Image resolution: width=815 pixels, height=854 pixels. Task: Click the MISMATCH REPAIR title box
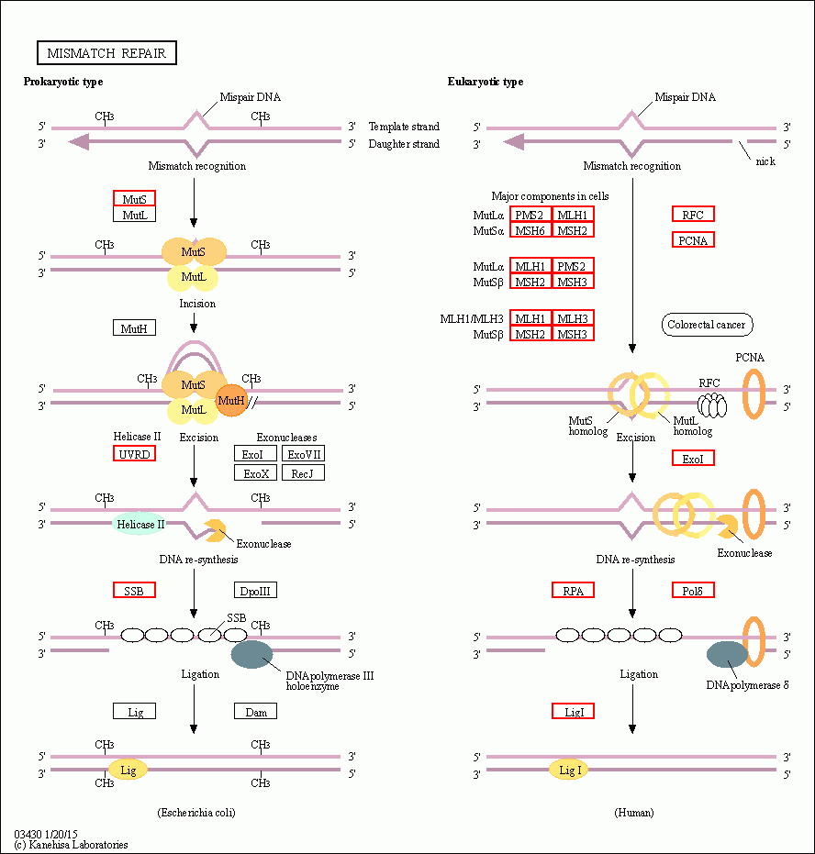106,53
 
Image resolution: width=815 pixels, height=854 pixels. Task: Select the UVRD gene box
134,454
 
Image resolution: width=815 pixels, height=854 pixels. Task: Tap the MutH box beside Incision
134,327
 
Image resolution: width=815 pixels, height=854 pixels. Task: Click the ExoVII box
304,454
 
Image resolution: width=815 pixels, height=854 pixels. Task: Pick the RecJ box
304,472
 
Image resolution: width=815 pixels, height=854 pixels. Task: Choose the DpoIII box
255,591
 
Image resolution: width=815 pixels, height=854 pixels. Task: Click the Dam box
255,711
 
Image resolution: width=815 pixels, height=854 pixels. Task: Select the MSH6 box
530,230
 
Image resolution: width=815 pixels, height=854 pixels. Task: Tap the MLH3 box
573,318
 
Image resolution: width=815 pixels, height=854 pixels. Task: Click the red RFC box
693,214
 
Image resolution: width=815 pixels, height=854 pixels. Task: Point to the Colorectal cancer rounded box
707,325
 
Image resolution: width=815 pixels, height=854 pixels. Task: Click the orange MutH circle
231,400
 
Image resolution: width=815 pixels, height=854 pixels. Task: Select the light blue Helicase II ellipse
140,524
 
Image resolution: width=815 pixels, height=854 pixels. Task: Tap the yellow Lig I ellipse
570,771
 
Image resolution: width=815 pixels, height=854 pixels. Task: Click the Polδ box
693,591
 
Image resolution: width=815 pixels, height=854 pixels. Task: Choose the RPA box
573,591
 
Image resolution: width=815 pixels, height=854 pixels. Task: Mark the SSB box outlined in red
134,591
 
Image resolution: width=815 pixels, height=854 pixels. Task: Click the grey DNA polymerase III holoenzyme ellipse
251,654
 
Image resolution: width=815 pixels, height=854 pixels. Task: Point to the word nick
765,161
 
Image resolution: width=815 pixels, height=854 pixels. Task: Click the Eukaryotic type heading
486,82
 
